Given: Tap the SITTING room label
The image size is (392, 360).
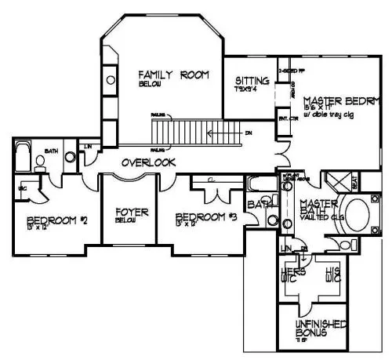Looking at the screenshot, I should click(x=252, y=82).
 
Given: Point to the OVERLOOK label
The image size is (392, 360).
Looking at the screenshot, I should click(x=147, y=162).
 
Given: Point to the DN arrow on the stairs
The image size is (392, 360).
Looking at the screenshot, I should click(x=248, y=133).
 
